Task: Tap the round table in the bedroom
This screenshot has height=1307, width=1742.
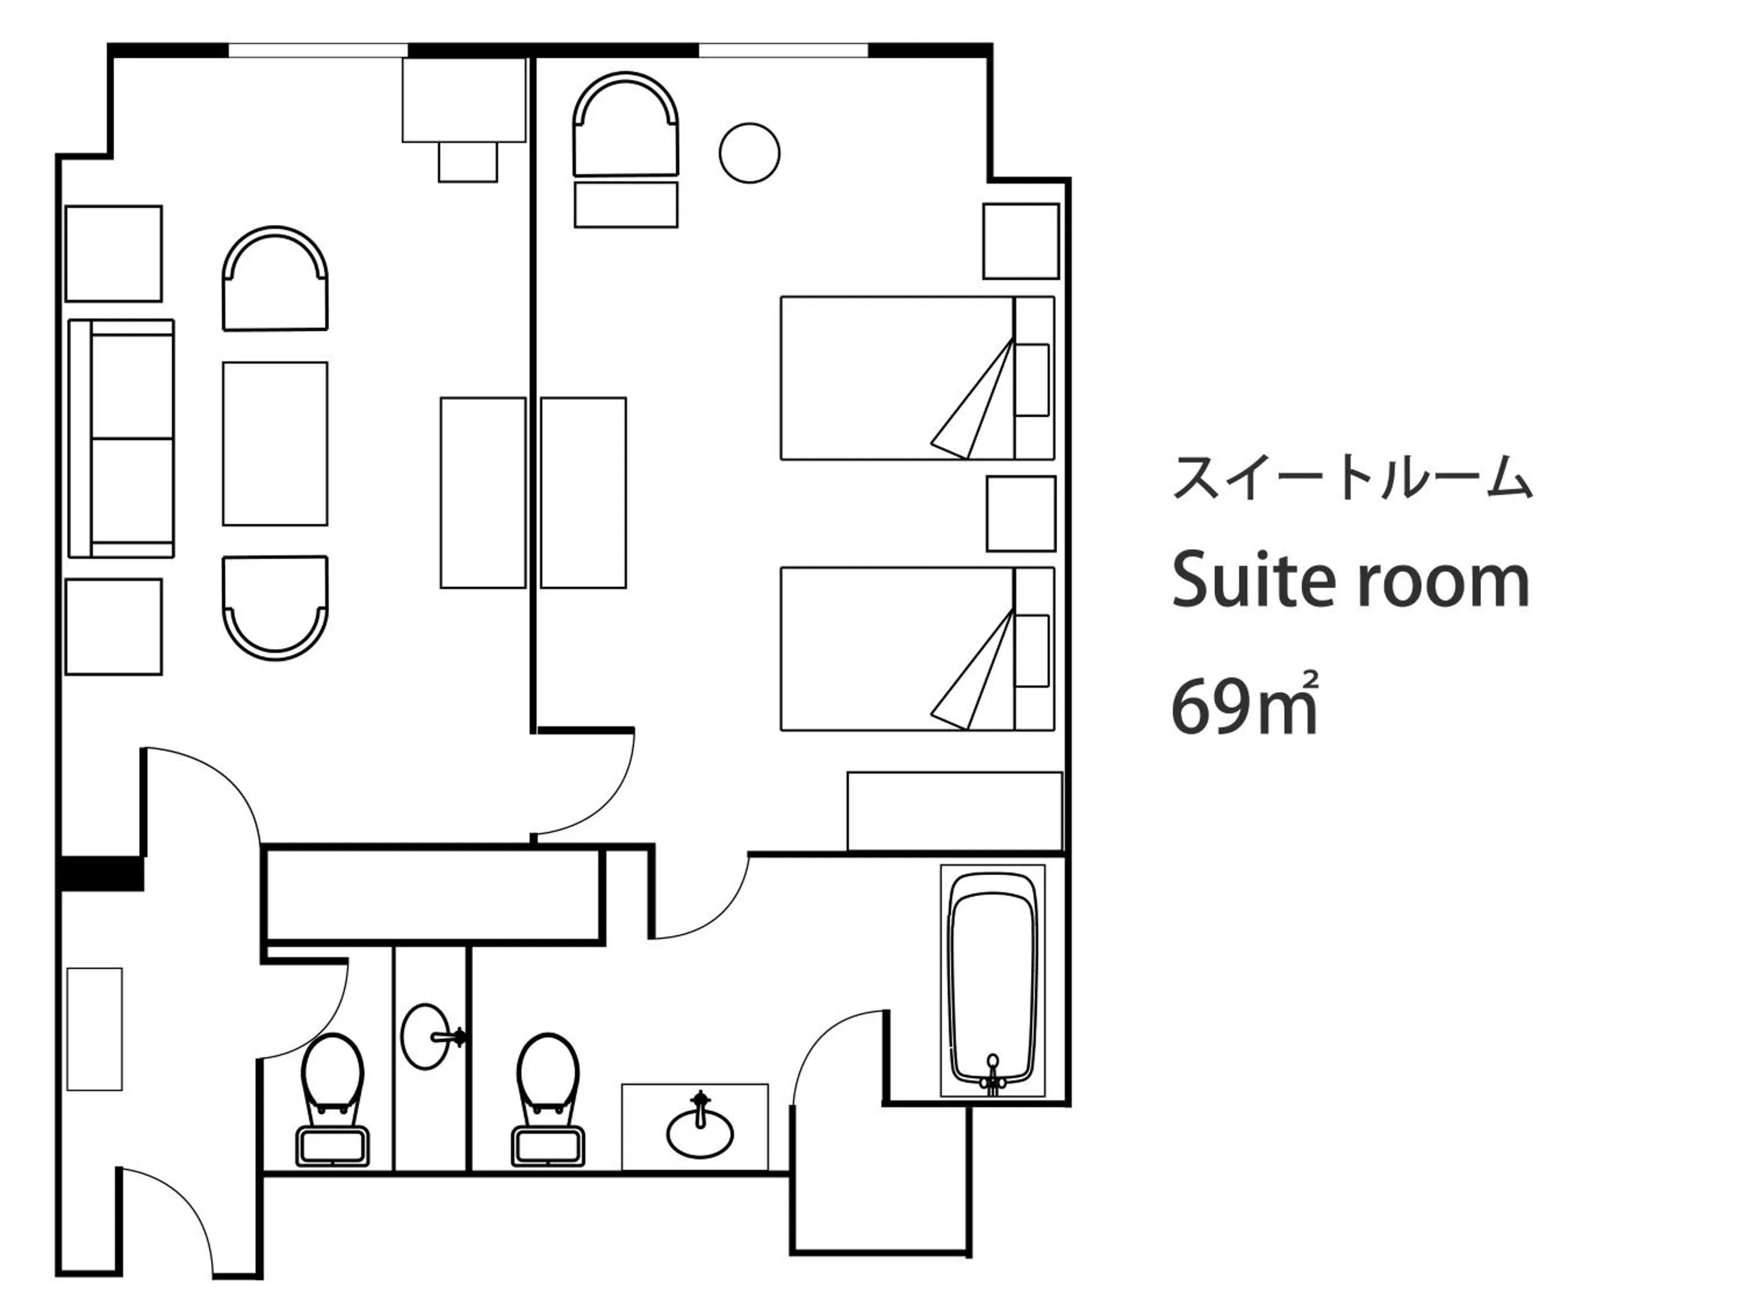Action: tap(749, 153)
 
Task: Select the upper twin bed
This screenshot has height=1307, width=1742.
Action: tap(898, 378)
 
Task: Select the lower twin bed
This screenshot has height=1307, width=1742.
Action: tap(898, 648)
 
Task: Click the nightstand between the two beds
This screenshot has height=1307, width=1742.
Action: tap(1021, 514)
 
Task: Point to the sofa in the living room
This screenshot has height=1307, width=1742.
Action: tap(122, 438)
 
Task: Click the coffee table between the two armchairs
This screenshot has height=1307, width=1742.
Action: tap(275, 444)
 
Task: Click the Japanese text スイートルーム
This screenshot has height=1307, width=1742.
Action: tap(1352, 478)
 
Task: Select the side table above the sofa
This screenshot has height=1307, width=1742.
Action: tap(113, 254)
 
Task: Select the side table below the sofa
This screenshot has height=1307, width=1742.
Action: tap(113, 627)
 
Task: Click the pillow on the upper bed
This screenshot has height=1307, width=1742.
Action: tap(1032, 380)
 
